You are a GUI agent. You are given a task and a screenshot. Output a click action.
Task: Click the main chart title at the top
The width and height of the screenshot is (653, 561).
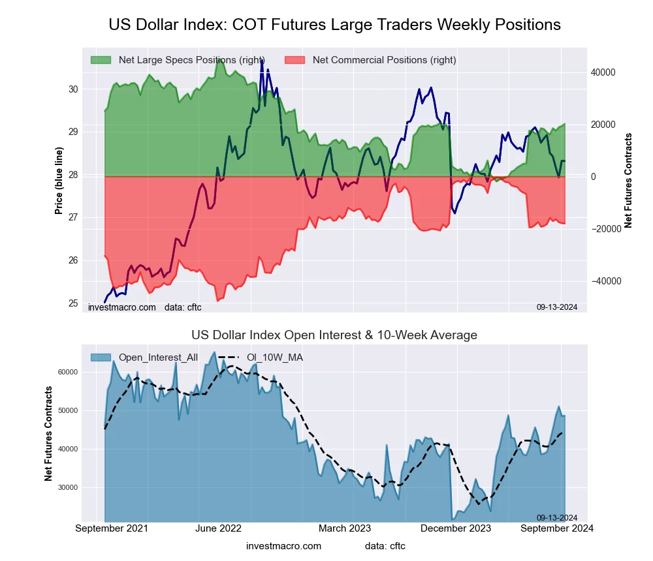(334, 25)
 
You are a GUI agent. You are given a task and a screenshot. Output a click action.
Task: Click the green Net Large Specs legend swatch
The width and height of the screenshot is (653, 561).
(101, 60)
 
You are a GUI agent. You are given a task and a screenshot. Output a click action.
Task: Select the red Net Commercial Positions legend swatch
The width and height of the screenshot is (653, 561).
(295, 60)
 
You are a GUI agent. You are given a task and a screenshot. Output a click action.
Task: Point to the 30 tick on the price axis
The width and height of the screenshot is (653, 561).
(73, 89)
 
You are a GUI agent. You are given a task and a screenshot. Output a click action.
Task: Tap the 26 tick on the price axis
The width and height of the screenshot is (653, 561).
(73, 260)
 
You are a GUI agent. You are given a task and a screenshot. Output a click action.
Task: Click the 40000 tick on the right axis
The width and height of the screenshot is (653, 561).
(603, 72)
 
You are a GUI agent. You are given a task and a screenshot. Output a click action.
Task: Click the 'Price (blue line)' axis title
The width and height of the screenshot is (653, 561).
(59, 181)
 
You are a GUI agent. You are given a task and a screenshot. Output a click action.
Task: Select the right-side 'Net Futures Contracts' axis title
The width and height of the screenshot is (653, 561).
(628, 181)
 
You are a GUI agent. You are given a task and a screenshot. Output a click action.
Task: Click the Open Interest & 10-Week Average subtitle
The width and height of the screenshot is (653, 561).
(334, 335)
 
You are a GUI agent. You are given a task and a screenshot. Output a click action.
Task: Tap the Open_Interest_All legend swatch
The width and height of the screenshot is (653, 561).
(101, 357)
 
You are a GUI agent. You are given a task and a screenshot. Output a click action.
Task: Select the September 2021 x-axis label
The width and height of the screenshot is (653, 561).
(112, 528)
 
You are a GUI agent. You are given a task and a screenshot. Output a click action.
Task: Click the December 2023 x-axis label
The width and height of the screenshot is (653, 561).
(462, 528)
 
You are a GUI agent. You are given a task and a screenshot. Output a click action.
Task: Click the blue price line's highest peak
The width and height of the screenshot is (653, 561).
(262, 61)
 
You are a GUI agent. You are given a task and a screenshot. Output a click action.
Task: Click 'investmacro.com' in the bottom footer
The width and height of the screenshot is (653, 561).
(283, 546)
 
